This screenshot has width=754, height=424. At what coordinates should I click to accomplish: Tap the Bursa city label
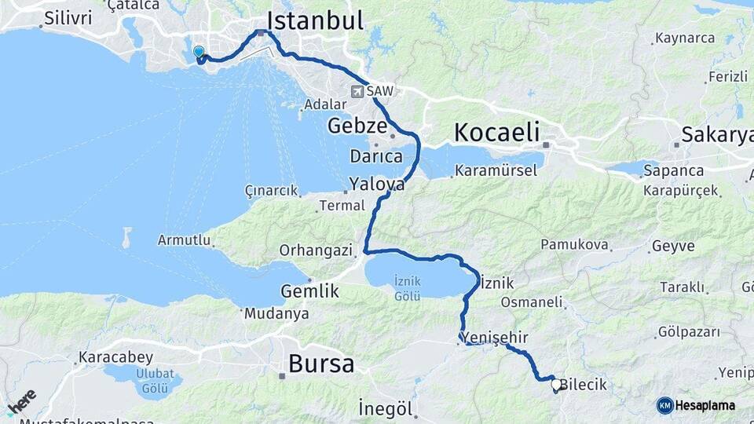[320, 364]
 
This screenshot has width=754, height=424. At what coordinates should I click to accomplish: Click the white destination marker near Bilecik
[557, 385]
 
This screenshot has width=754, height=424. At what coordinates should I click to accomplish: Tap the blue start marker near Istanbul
[199, 53]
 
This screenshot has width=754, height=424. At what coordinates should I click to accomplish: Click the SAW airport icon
[358, 92]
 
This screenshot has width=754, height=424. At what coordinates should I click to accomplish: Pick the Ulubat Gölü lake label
[155, 378]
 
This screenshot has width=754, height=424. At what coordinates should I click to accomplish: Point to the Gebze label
[357, 126]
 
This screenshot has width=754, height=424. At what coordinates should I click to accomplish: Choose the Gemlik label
[309, 291]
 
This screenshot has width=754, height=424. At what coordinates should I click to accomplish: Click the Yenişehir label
[493, 337]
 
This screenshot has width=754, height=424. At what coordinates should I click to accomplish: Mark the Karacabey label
[115, 358]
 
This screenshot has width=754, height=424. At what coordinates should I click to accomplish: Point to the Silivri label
[68, 17]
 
